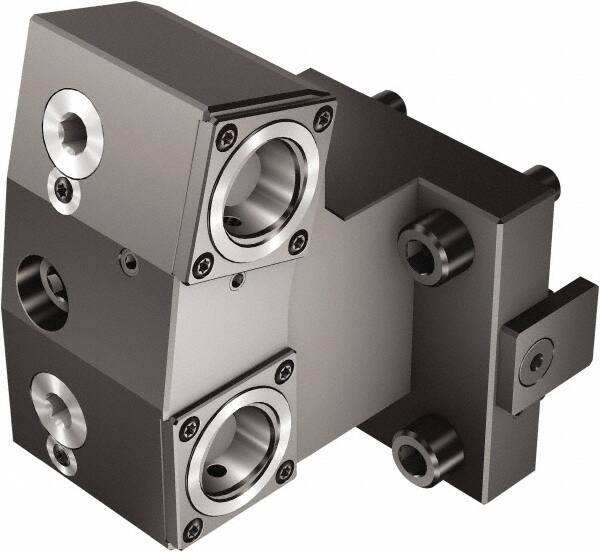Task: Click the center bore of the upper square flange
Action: coord(262,189)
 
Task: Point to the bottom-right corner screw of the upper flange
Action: coord(297,241)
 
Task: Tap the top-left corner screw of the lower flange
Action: coord(189,429)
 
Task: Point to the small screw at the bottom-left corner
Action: coord(63,458)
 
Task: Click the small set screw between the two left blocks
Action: coord(129,262)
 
